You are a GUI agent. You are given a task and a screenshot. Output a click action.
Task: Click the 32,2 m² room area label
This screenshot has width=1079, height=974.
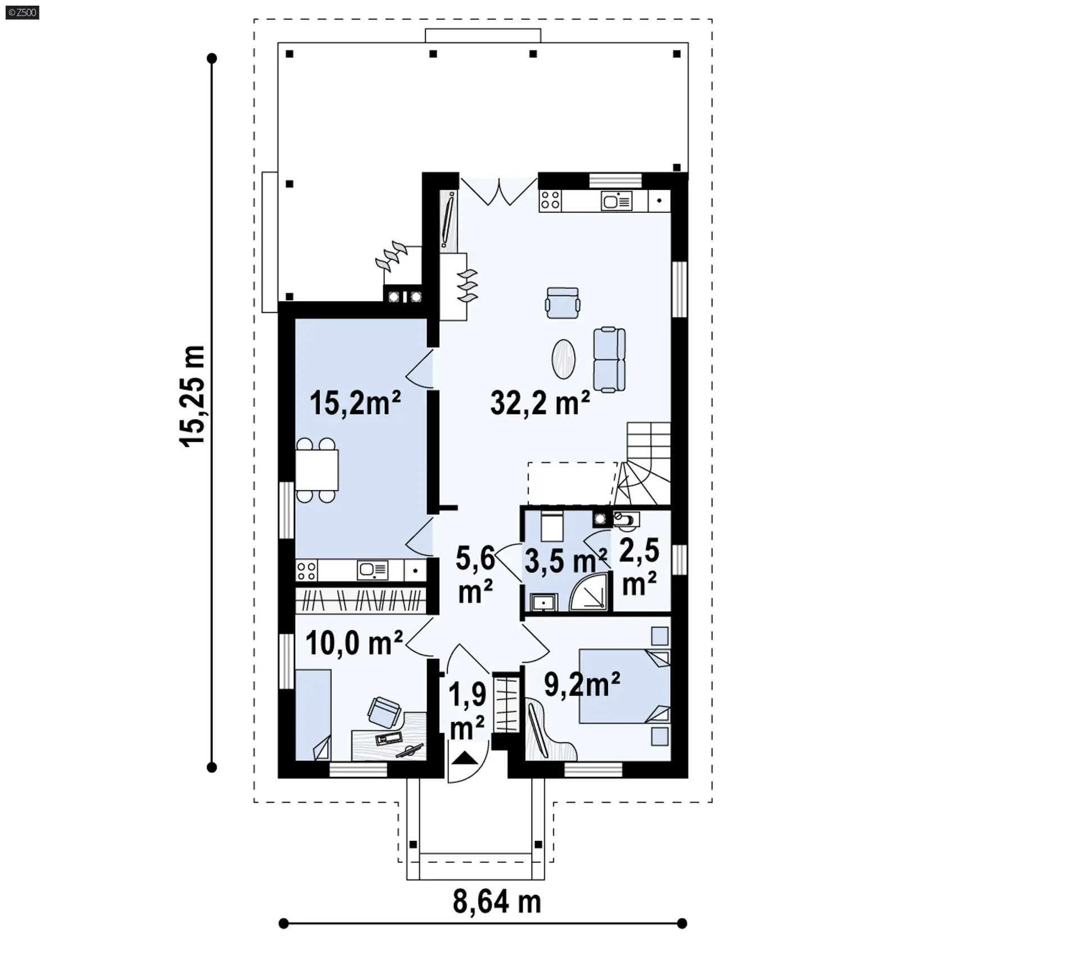click(x=540, y=402)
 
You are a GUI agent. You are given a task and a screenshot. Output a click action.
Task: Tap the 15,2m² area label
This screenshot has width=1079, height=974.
click(x=355, y=403)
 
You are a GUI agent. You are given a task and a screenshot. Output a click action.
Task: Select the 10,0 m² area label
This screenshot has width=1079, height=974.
click(x=354, y=642)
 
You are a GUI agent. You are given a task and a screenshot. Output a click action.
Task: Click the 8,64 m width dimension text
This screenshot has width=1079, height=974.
click(x=497, y=902)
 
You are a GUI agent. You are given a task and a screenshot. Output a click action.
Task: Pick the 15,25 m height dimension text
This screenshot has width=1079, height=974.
click(x=192, y=396)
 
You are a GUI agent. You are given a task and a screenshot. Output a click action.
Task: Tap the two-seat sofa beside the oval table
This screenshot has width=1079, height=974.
click(x=609, y=360)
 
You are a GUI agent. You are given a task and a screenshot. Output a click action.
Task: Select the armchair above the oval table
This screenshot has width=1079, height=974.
click(x=563, y=303)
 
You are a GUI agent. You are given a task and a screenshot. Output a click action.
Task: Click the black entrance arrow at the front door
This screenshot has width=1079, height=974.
click(x=464, y=758)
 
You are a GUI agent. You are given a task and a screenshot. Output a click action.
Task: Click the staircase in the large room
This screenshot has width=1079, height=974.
click(x=643, y=464)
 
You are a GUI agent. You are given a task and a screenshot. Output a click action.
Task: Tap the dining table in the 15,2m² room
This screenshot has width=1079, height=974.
click(x=316, y=470)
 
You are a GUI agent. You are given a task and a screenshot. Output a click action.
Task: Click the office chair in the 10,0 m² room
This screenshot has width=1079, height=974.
click(x=384, y=712)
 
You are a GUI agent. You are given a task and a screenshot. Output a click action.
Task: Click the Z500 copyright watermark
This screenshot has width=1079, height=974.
click(x=22, y=12)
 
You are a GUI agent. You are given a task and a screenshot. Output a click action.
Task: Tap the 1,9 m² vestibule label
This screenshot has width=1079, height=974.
click(x=468, y=711)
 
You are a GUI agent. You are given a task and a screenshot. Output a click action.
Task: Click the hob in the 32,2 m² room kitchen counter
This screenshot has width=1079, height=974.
click(x=550, y=201)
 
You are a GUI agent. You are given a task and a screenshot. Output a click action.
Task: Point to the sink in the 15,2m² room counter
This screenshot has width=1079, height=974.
click(x=373, y=570)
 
